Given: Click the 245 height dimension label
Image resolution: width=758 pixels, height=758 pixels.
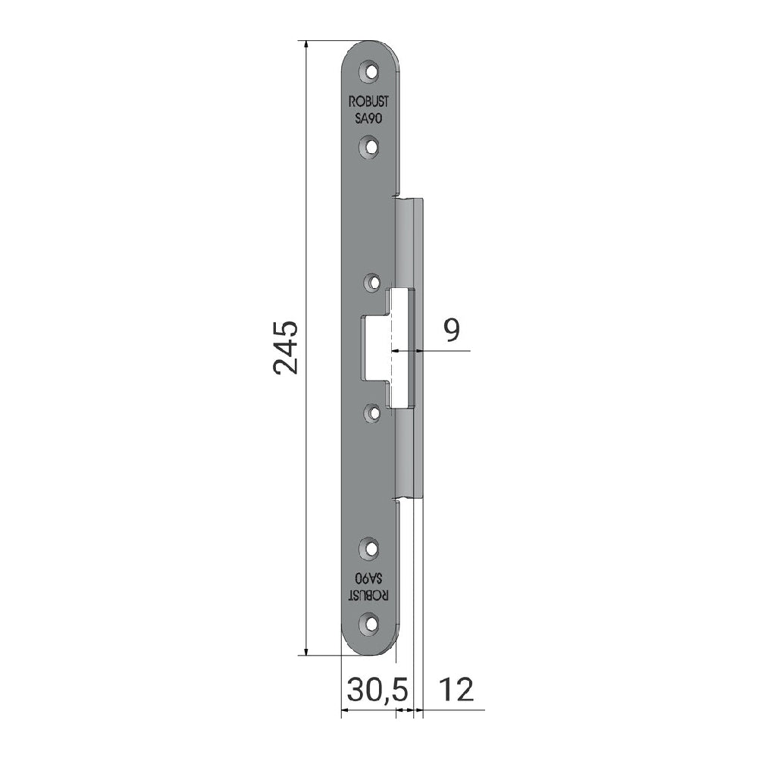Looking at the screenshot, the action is (x=285, y=348).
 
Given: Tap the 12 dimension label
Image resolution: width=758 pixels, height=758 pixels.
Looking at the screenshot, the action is (x=456, y=690).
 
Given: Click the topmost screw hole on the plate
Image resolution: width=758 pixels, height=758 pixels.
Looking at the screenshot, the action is (x=371, y=72).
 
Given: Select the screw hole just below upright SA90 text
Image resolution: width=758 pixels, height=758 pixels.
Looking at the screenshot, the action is (x=371, y=146).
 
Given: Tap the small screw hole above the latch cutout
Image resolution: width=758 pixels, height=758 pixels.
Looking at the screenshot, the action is (x=373, y=281).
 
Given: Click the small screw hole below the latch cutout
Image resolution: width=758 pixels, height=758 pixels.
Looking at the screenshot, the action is (x=373, y=412).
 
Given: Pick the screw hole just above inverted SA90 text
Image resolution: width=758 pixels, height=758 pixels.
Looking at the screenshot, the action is (x=371, y=548).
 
